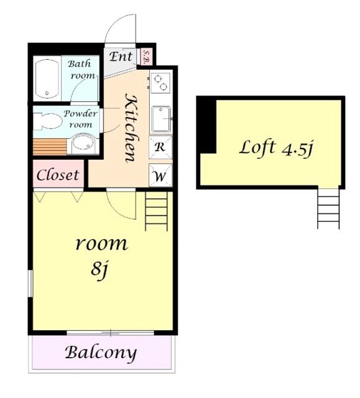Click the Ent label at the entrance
point(121,57)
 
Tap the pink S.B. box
point(146,56)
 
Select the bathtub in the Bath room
point(47,78)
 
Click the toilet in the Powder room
point(48,121)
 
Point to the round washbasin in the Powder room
point(83,144)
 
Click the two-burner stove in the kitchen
point(160,83)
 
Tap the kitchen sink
point(161,119)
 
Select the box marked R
point(160,147)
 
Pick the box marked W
point(160,175)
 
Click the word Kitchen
point(132,128)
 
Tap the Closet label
point(58,175)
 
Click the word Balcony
point(101,353)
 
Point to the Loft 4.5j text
point(276,148)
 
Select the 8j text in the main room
point(99,269)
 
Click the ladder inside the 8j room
point(156,211)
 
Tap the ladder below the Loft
point(328,208)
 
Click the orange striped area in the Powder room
point(50,147)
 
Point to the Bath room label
point(81,69)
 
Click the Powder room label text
point(80,119)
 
